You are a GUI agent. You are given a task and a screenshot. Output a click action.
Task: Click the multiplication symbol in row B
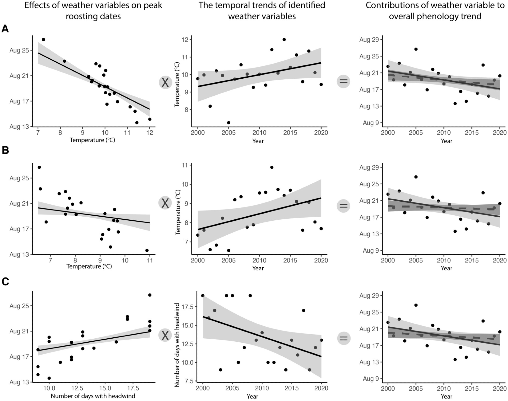tap(165, 203)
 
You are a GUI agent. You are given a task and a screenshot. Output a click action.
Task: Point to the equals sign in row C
tap(343, 338)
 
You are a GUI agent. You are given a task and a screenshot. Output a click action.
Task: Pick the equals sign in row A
tap(343, 81)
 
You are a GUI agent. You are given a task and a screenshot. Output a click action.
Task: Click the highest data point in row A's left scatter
tap(43, 40)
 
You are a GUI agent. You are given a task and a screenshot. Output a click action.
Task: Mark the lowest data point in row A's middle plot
tap(229, 123)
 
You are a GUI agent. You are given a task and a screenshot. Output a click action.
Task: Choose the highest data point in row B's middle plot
tap(272, 167)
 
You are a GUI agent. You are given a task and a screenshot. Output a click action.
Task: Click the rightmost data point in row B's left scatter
tap(147, 250)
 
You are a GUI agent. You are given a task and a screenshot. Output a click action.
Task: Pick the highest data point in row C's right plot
tap(416, 305)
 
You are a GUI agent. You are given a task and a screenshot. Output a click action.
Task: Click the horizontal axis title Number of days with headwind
tap(93, 396)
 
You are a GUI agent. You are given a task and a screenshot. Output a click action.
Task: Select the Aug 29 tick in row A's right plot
tap(369, 40)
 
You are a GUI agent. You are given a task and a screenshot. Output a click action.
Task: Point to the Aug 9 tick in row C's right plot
tap(371, 379)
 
